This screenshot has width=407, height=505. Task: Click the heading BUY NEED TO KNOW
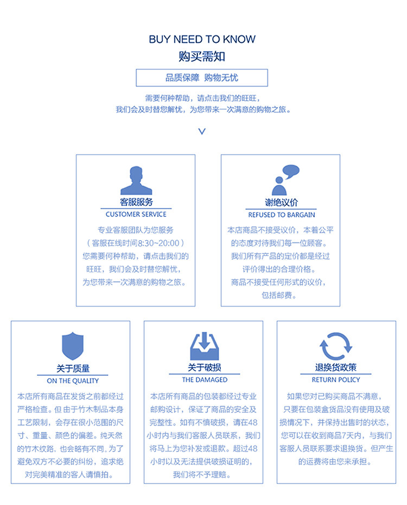202,40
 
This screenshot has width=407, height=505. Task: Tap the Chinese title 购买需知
202,56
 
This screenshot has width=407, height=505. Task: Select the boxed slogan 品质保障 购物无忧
202,78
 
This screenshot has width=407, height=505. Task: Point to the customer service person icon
136,180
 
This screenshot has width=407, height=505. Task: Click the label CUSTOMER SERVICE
136,215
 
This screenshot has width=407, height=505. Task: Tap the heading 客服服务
136,203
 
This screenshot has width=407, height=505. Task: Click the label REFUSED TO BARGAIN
281,215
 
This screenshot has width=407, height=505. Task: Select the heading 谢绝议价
281,203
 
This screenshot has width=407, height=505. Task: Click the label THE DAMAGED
204,380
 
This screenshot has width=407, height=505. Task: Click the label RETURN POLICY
336,380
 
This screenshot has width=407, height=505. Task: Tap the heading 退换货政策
336,368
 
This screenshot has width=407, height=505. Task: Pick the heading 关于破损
204,368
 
